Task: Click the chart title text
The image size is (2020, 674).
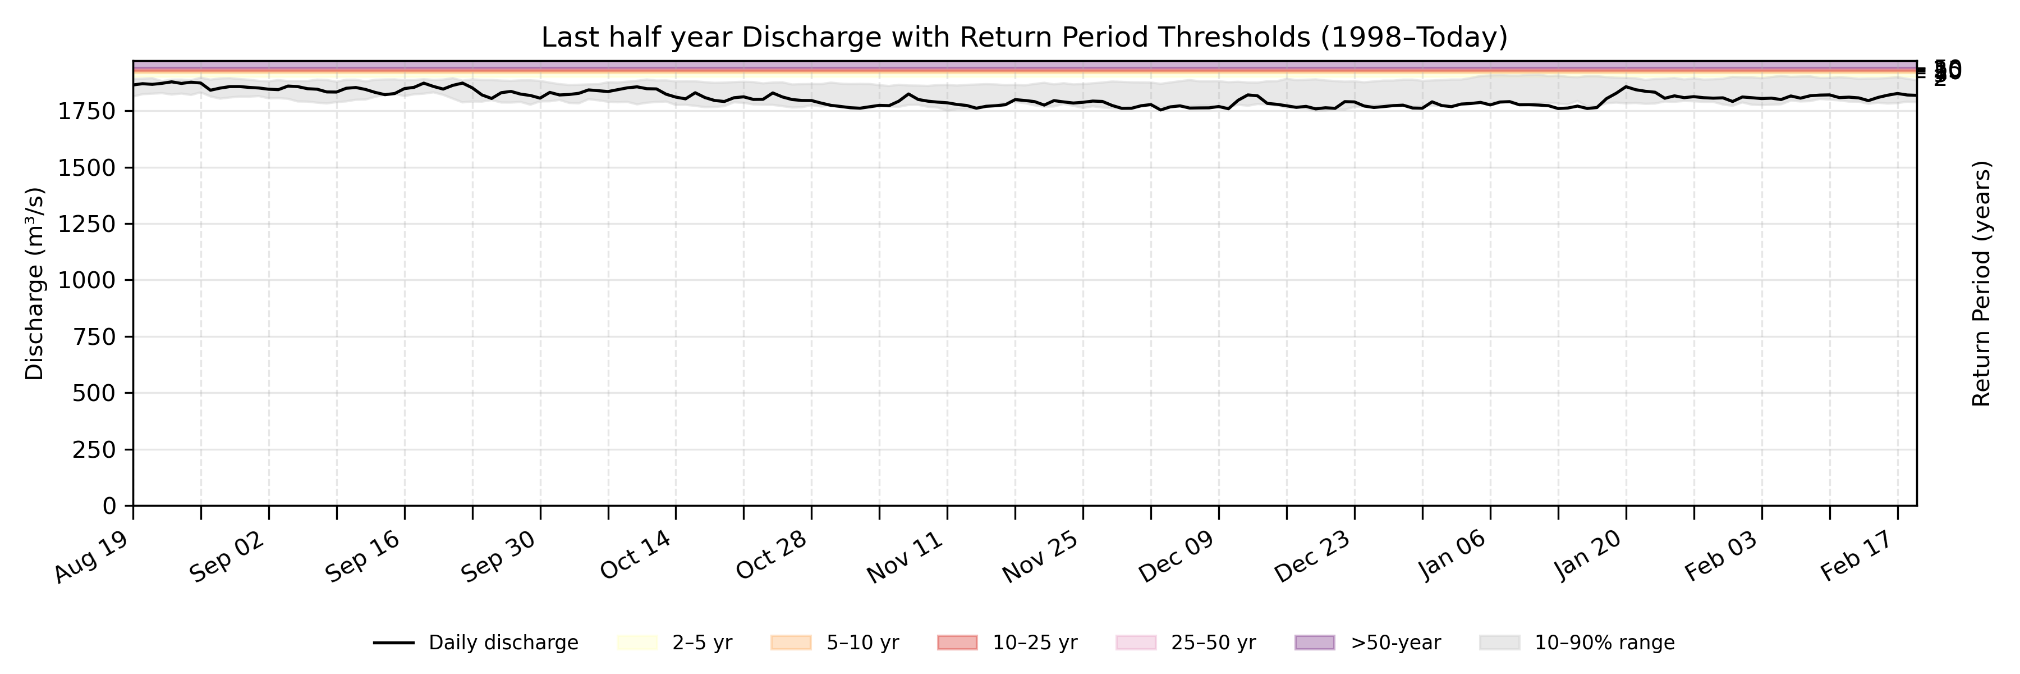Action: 1024,38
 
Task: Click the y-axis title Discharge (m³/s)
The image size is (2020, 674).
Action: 34,283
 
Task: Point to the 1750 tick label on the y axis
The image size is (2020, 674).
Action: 86,111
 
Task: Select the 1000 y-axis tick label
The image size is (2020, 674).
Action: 86,281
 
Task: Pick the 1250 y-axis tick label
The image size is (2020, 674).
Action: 86,225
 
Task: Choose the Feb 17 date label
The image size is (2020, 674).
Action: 1858,556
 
